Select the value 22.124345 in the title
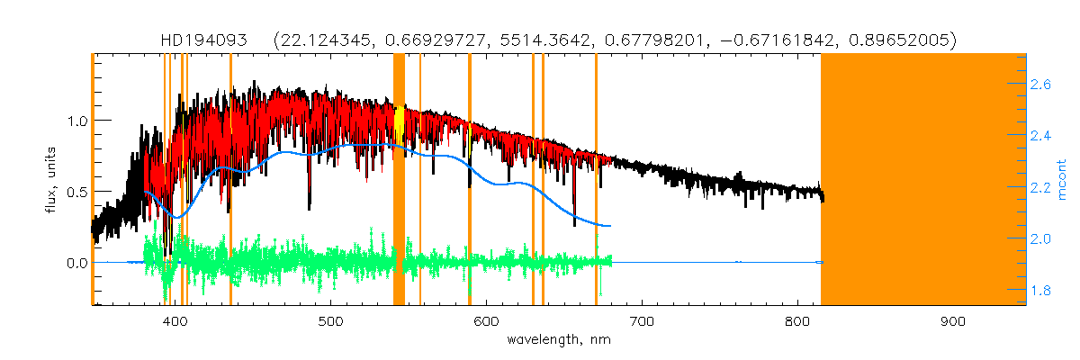[330, 40]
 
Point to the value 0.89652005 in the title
[900, 40]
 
